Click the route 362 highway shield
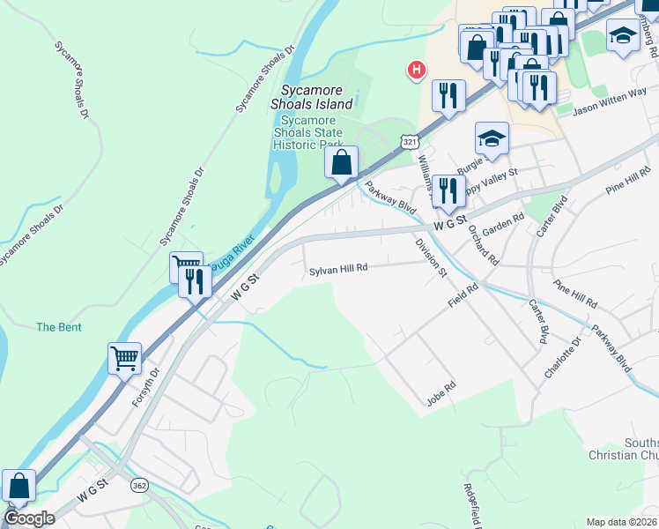(138, 485)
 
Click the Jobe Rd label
(441, 387)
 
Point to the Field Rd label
(462, 294)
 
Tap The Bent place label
(59, 327)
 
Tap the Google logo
(29, 518)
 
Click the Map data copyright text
(621, 522)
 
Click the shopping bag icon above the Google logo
(19, 486)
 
